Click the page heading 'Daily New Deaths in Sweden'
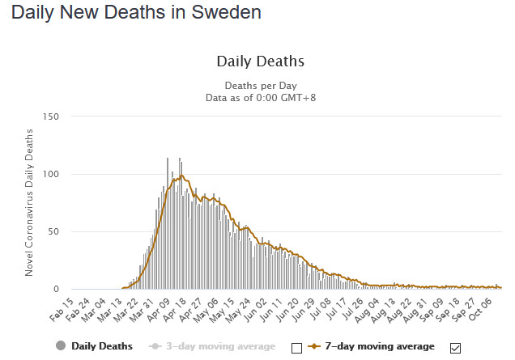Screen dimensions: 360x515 [x=137, y=14]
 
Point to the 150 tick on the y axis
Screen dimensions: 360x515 [x=52, y=116]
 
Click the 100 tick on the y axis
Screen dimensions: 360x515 [x=52, y=174]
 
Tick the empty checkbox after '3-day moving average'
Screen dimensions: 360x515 [x=296, y=348]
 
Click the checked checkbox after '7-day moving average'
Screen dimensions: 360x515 [x=455, y=348]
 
